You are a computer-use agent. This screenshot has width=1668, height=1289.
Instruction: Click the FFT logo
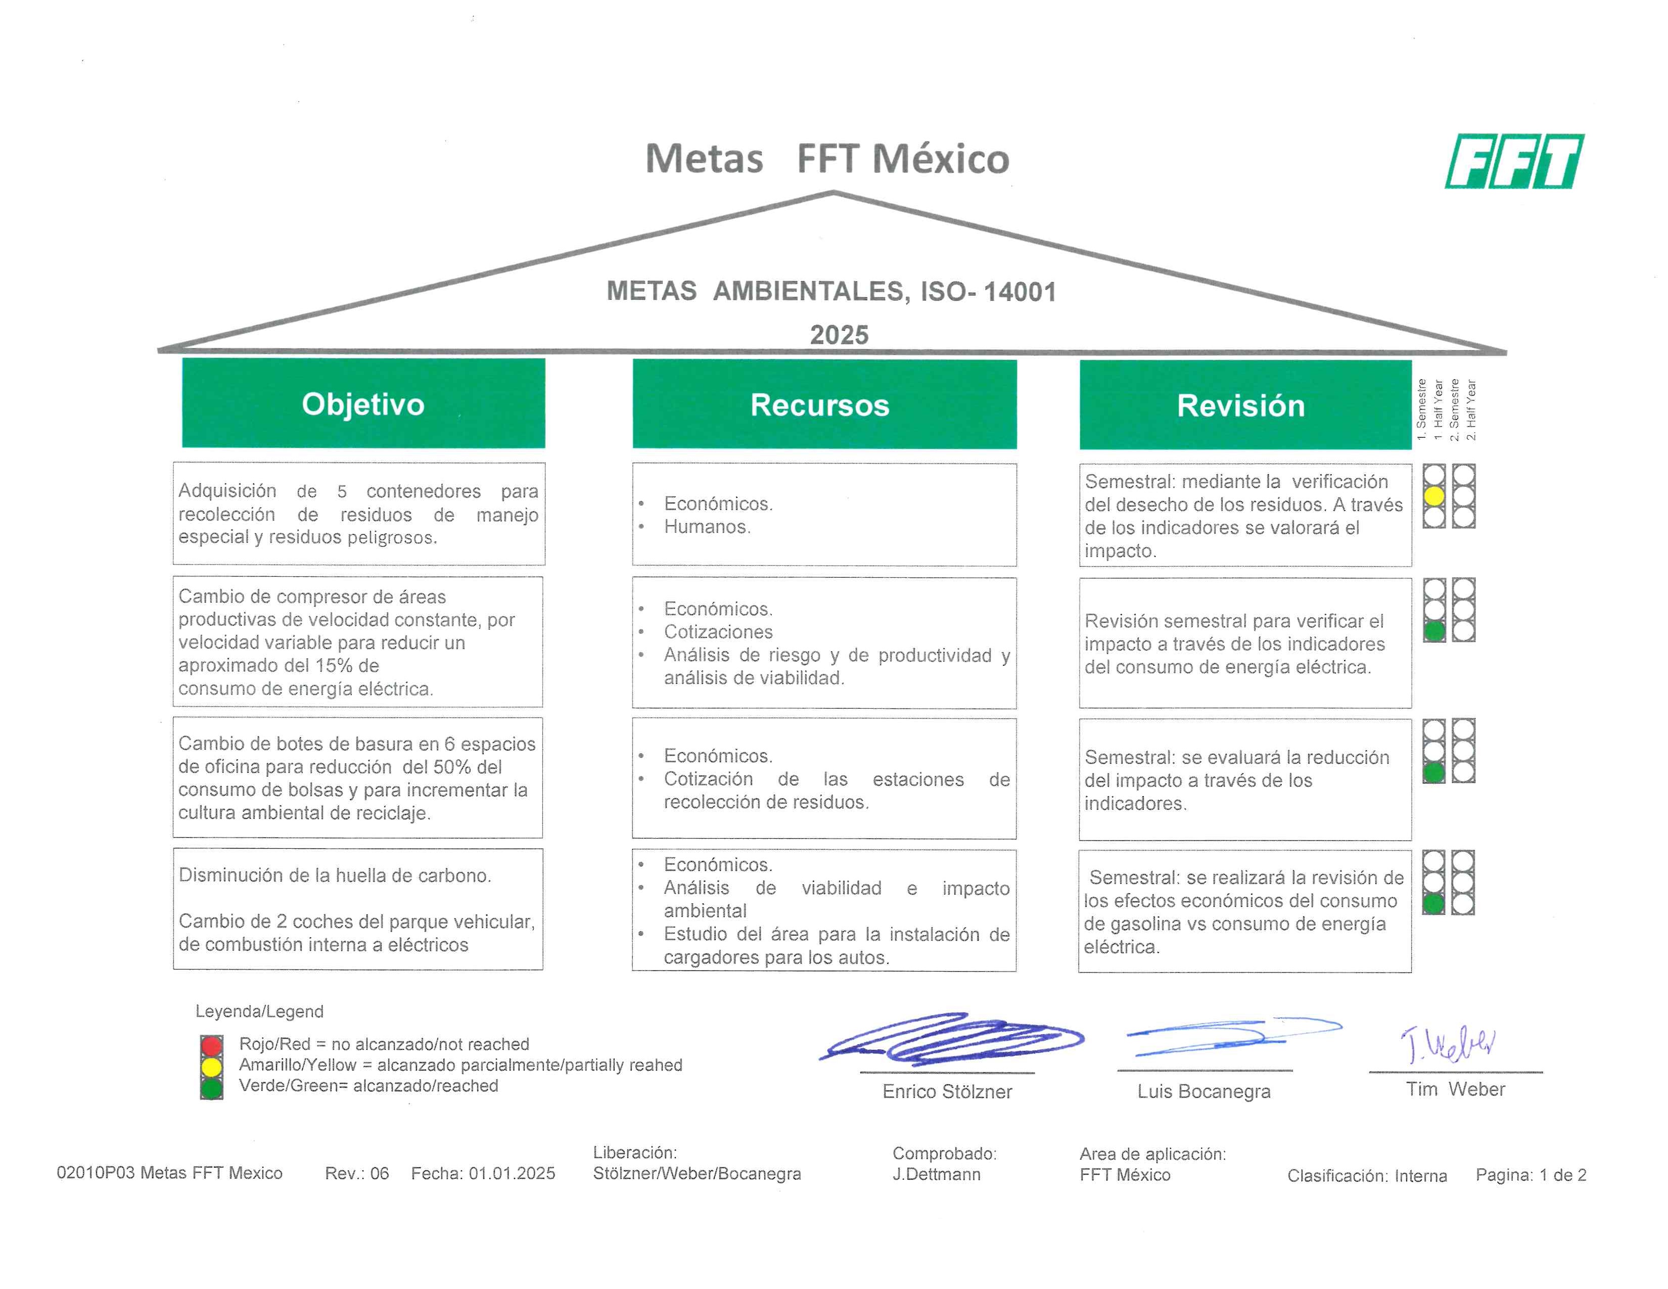pos(1514,161)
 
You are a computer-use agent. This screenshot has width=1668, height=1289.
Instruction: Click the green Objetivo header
pos(363,403)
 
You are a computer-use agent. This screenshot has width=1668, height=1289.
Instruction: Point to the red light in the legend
pos(212,1045)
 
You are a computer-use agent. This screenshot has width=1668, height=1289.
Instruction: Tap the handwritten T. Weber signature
pos(1447,1044)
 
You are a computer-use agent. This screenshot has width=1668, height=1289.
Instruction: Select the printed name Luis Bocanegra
pos(1203,1091)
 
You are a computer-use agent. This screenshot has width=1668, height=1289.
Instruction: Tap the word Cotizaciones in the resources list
pos(718,631)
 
